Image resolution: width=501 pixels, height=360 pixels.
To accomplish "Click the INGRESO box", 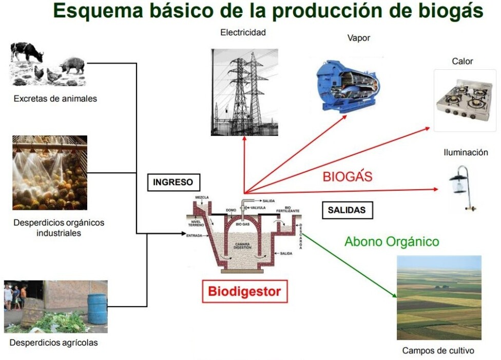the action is (174, 182).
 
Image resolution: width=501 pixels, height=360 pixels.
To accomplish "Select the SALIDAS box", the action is (348, 210).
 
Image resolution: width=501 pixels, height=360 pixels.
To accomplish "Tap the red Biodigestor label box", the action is (245, 291).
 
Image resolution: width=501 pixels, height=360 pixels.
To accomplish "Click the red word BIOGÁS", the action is (348, 176).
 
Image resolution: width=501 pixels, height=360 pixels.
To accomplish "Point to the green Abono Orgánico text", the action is (392, 242).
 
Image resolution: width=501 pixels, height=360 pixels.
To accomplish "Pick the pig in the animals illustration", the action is (73, 66).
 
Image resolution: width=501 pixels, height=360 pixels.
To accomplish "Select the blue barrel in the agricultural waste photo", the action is (97, 309).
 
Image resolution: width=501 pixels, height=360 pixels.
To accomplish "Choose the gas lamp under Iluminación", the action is (462, 188).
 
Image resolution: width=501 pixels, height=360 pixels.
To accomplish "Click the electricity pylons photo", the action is (244, 92).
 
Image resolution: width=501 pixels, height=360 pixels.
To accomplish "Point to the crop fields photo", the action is (439, 297).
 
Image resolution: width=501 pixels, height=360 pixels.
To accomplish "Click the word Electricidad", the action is (243, 32).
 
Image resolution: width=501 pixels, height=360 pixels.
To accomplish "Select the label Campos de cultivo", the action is (438, 350).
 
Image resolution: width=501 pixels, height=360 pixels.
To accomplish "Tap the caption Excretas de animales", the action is (55, 98).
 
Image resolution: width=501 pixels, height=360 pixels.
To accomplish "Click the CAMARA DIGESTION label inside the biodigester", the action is (242, 246).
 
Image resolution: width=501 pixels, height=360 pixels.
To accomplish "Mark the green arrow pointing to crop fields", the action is (349, 266).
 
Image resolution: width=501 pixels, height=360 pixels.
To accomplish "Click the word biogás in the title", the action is (451, 11).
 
